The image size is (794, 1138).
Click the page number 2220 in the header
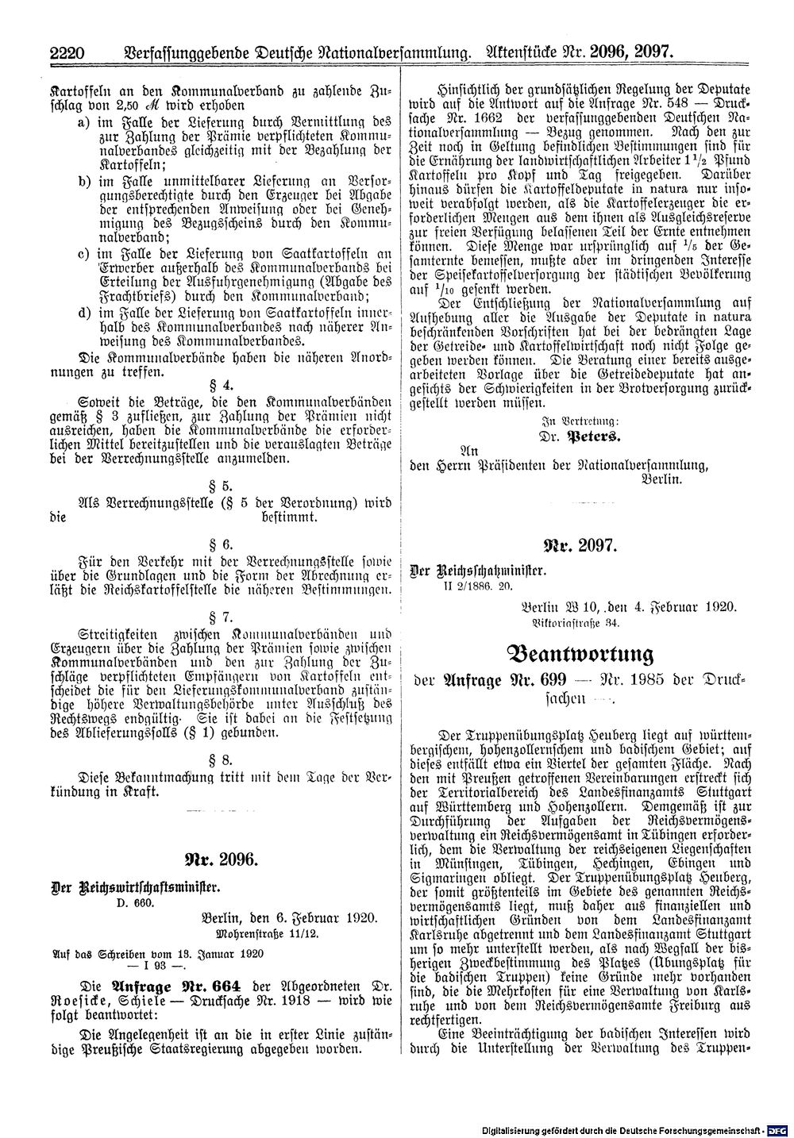[67, 55]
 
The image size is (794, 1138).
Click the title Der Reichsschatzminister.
[477, 571]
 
